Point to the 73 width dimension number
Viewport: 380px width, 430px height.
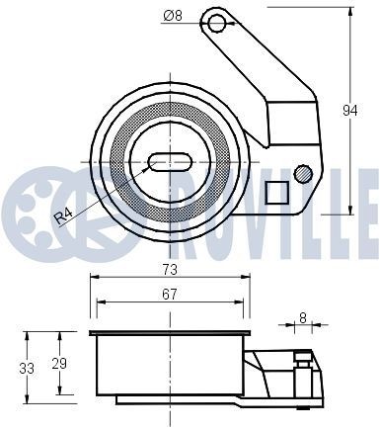point(171,269)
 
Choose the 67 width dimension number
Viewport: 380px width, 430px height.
point(171,293)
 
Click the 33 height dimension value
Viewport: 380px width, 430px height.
point(27,368)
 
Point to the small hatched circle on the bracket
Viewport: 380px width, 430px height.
point(304,175)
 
